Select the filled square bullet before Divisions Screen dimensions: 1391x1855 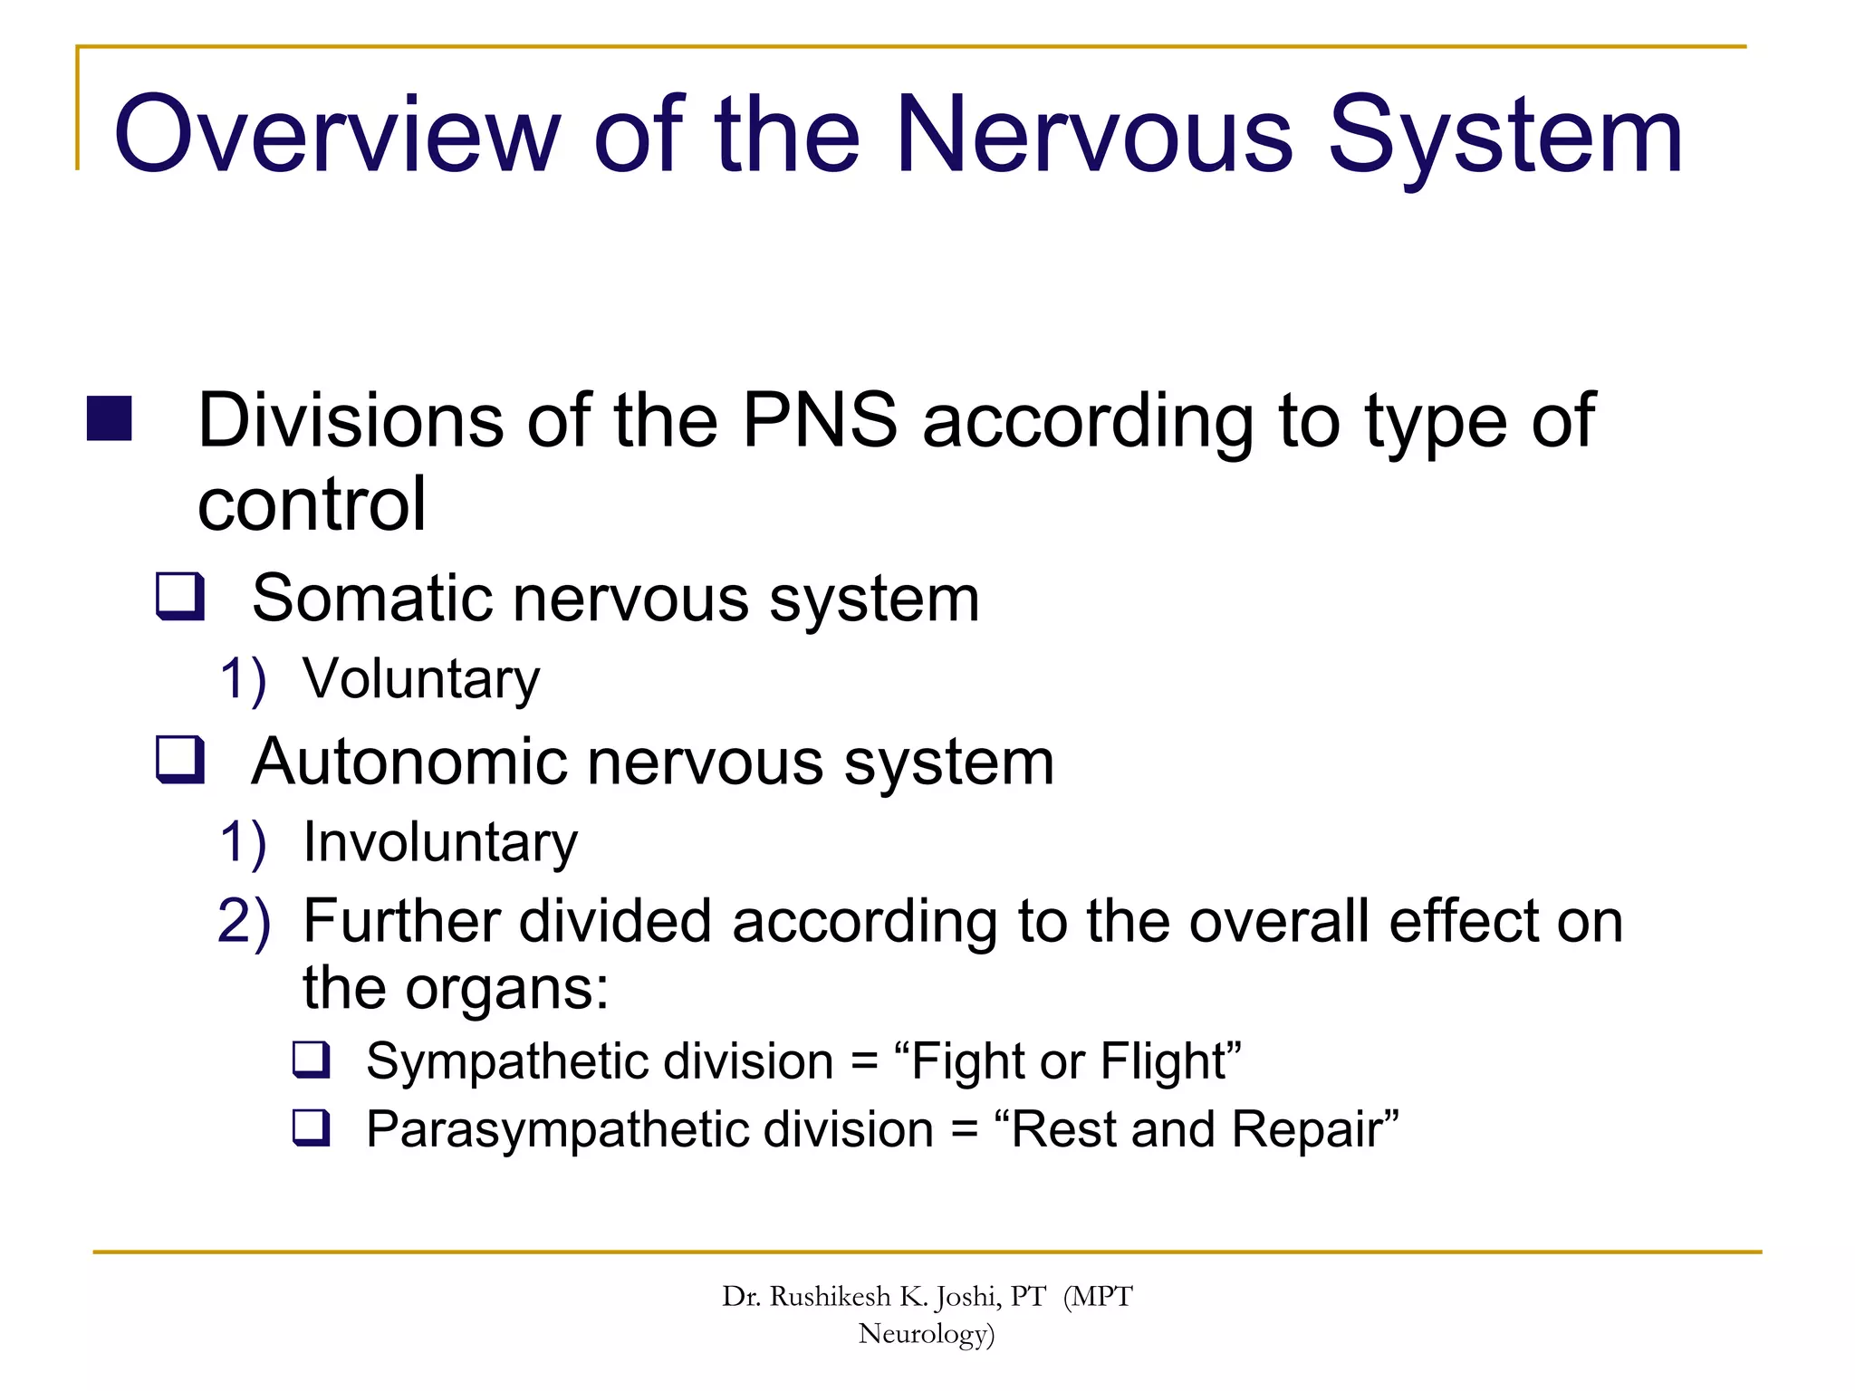pyautogui.click(x=110, y=418)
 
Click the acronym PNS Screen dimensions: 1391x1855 pyautogui.click(x=819, y=420)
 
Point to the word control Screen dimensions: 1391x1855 pyautogui.click(x=312, y=504)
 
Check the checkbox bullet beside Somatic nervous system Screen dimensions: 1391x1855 pyautogui.click(x=180, y=596)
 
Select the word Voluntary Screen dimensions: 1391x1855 pyautogui.click(x=421, y=679)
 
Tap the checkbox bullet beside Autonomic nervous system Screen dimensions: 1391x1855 pyautogui.click(x=180, y=759)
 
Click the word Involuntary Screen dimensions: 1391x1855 pyautogui.click(x=440, y=842)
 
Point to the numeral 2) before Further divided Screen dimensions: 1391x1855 pyautogui.click(x=244, y=922)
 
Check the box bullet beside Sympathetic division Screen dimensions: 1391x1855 pyautogui.click(x=312, y=1059)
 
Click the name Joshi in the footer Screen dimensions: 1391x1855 pyautogui.click(x=973, y=1298)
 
